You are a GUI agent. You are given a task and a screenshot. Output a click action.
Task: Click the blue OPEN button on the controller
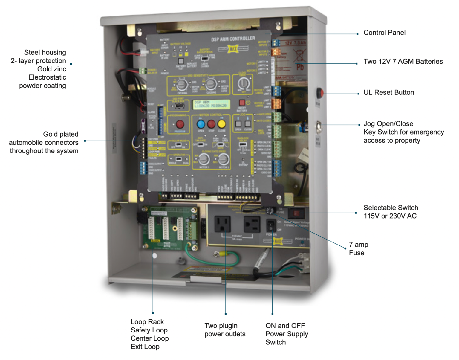click(x=201, y=124)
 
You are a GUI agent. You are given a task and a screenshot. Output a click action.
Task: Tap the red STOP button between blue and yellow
click(x=211, y=124)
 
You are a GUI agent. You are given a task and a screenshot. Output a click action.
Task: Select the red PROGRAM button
click(x=180, y=124)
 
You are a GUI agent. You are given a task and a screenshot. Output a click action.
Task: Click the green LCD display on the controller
click(x=211, y=104)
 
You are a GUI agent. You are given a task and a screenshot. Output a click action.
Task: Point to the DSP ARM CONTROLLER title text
click(x=233, y=39)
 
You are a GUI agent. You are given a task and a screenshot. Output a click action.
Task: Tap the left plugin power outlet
click(x=222, y=224)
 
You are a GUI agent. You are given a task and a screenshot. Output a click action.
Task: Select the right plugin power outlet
click(x=252, y=224)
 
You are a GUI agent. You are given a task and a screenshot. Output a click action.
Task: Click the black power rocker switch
click(x=271, y=225)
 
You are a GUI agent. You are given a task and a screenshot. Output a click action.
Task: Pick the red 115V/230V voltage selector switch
click(x=296, y=213)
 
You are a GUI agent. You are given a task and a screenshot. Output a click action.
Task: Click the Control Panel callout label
click(x=384, y=33)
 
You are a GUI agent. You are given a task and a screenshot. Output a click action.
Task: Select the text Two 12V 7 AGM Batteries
click(x=403, y=61)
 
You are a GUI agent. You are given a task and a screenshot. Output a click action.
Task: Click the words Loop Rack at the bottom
click(x=147, y=322)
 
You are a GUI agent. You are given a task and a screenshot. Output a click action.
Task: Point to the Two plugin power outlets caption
click(x=225, y=330)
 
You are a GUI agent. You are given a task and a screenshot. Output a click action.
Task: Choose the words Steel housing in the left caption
click(x=45, y=52)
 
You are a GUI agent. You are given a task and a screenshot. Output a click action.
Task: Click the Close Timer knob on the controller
click(x=243, y=83)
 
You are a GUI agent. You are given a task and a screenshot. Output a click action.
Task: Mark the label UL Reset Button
click(x=388, y=92)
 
